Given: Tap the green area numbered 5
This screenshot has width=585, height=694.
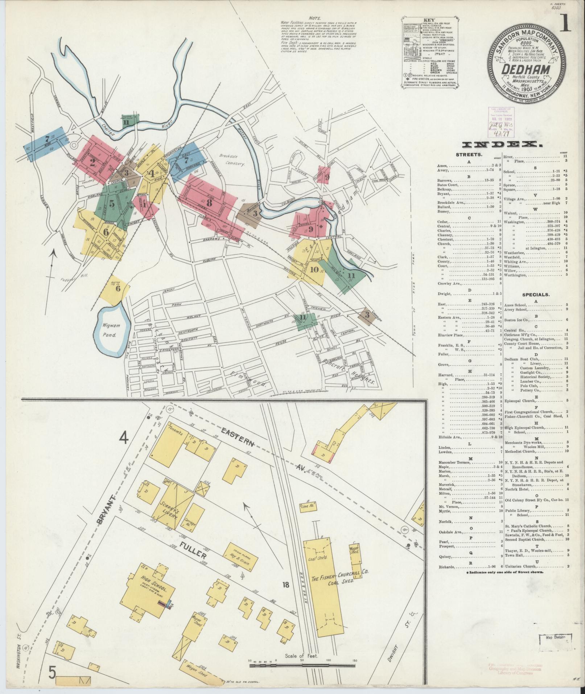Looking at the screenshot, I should coord(112,204).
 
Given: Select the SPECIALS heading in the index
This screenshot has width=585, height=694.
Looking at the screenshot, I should coord(536,295).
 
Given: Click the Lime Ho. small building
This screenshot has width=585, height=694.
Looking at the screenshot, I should coord(307,506).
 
